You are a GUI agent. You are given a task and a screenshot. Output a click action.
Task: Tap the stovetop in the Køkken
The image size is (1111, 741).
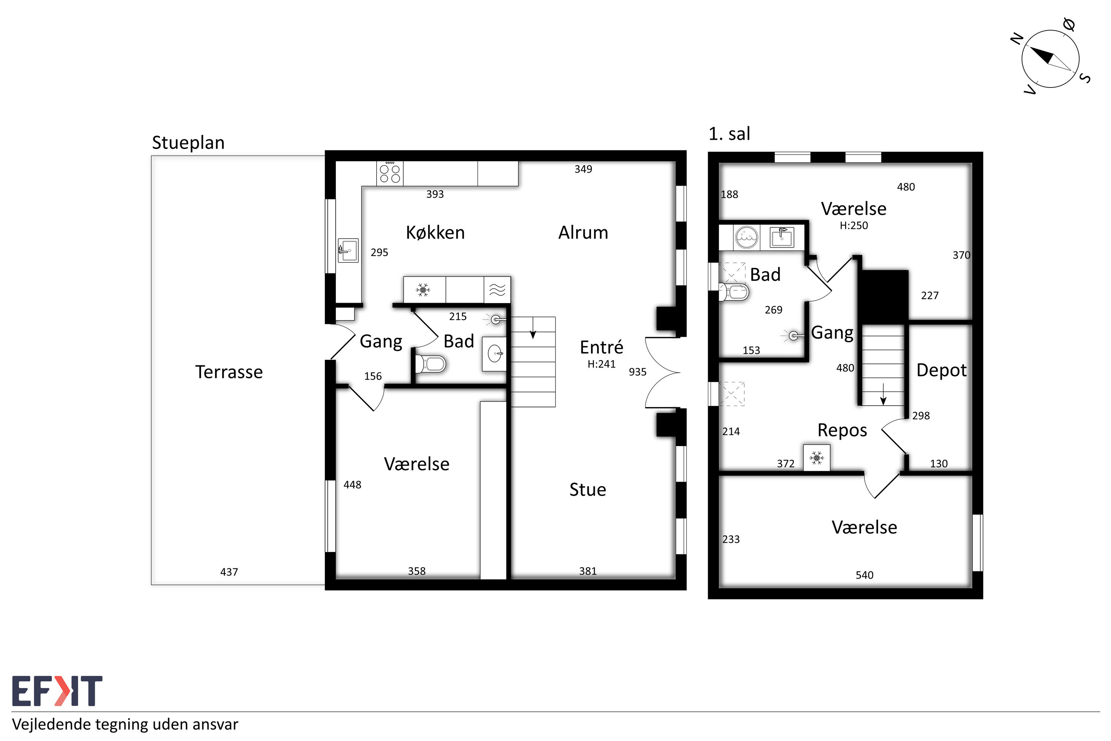coord(390,173)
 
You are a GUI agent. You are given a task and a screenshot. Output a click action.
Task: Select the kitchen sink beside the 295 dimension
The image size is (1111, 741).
coord(348,250)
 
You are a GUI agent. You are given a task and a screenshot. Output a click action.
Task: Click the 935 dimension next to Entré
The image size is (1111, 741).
coord(637,372)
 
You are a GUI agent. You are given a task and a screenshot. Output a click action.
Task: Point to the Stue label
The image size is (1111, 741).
coord(588,489)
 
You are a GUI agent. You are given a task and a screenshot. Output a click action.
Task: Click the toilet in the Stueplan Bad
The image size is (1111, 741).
coord(430,364)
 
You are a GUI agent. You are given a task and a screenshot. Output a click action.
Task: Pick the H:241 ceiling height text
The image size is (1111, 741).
coord(601,364)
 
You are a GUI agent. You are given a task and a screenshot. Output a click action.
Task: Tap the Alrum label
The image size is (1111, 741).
coord(583,233)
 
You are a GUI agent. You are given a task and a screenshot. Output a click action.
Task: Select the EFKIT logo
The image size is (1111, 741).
coord(57,691)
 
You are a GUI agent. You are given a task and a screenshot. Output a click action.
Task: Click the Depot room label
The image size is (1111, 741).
coord(941,370)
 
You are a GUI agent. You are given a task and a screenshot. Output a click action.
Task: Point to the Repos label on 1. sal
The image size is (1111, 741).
coord(842,431)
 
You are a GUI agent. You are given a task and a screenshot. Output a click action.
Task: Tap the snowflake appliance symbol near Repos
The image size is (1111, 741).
coord(817,458)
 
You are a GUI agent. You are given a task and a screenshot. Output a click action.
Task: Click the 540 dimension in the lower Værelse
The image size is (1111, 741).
coord(864,575)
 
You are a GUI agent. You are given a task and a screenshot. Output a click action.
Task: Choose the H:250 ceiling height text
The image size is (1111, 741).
coord(854,225)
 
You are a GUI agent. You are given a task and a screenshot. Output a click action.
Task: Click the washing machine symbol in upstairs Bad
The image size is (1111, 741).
coord(747,237)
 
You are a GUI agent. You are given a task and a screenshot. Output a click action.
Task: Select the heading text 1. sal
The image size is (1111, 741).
coord(729,134)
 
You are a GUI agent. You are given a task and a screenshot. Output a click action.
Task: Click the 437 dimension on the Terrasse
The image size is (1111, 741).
coord(229,572)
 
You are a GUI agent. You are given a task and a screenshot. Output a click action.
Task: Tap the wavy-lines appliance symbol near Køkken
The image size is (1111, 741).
coord(497,289)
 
